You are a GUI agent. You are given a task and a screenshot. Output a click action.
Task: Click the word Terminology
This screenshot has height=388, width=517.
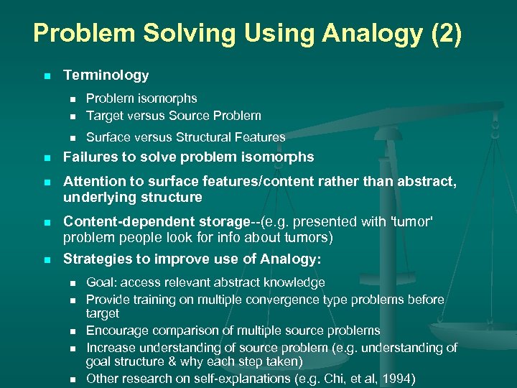point(106,75)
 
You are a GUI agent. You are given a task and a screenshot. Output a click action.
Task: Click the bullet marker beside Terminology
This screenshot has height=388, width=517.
point(47,76)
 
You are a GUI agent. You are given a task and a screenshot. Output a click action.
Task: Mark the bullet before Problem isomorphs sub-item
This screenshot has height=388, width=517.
point(71,99)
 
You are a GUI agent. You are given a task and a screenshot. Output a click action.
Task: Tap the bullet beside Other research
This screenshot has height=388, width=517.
point(71,379)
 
